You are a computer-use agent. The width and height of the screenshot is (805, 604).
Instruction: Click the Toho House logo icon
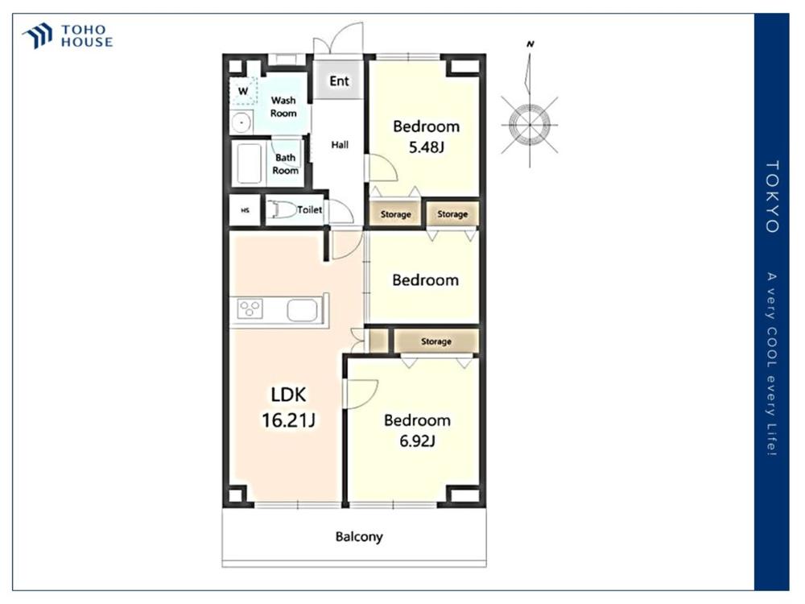38,35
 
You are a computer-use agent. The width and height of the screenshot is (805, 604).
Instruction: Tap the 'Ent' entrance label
339,81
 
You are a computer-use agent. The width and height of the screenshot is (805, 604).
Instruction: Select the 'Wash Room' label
283,107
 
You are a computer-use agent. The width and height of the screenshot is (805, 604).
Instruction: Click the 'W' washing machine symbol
243,91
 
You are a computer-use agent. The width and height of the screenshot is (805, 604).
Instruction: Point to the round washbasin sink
242,122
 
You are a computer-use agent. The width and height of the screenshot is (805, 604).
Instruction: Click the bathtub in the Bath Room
249,163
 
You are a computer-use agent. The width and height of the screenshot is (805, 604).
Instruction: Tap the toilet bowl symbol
282,209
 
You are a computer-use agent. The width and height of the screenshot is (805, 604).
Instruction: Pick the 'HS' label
246,210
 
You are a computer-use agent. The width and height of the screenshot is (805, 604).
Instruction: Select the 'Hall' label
340,145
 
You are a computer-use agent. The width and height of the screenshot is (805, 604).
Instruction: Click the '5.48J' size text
426,147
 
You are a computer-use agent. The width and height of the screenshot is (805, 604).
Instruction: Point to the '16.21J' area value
288,420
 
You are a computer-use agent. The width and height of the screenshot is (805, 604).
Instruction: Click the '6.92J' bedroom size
417,441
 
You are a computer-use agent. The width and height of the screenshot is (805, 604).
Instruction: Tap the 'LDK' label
288,395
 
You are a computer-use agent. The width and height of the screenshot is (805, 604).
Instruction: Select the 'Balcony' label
359,536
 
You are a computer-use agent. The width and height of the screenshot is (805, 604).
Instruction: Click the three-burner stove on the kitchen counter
250,308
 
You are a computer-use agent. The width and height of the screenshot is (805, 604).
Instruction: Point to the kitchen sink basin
303,310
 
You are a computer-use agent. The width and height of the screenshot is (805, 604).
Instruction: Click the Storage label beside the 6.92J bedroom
436,341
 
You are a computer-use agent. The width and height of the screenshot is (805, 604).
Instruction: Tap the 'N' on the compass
530,44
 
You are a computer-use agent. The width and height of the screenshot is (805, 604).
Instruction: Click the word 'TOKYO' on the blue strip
772,197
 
